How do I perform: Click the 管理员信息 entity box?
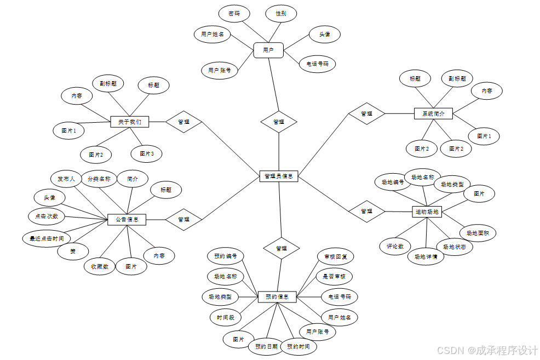pyautogui.click(x=278, y=176)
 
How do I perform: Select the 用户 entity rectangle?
pyautogui.click(x=268, y=50)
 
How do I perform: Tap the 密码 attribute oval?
pyautogui.click(x=234, y=14)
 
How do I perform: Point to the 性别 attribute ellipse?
pyautogui.click(x=281, y=14)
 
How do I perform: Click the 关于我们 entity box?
pyautogui.click(x=130, y=122)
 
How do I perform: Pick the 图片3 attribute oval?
pyautogui.click(x=147, y=154)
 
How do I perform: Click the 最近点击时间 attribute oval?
pyautogui.click(x=47, y=238)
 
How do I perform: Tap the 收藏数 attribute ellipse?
pyautogui.click(x=100, y=266)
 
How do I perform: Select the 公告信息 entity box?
pyautogui.click(x=127, y=220)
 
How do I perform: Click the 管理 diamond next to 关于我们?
pyautogui.click(x=184, y=122)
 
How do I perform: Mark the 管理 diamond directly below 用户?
pyautogui.click(x=278, y=122)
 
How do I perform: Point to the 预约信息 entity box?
pyautogui.click(x=277, y=297)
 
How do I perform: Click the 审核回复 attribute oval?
pyautogui.click(x=336, y=256)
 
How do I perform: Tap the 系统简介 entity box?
pyautogui.click(x=433, y=113)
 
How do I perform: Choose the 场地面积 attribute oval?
pyautogui.click(x=478, y=233)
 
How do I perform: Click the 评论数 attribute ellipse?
pyautogui.click(x=395, y=247)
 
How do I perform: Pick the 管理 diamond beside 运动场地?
pyautogui.click(x=367, y=211)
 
